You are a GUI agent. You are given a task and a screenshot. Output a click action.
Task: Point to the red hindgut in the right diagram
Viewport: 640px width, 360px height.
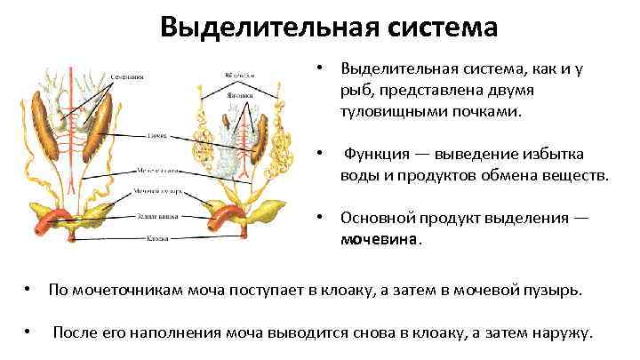coord(227,219)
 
